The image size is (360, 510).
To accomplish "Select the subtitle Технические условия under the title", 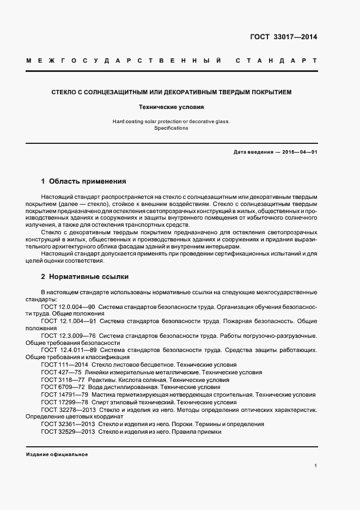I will (x=171, y=107).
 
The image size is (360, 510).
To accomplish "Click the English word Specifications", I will (x=171, y=128).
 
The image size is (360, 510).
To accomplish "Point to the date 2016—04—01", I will (x=300, y=152).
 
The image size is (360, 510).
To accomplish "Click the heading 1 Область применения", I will (x=83, y=181).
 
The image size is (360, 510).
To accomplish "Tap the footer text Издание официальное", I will (x=57, y=454).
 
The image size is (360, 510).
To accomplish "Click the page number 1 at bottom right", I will (x=315, y=466).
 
